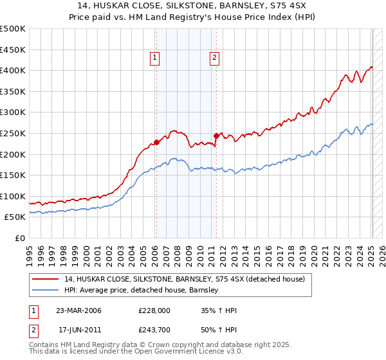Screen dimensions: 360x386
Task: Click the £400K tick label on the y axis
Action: [x=13, y=70]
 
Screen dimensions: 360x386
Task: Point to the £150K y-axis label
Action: [x=13, y=175]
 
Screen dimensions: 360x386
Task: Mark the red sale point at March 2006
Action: [x=156, y=143]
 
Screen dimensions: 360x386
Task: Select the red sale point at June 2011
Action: [x=216, y=136]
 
